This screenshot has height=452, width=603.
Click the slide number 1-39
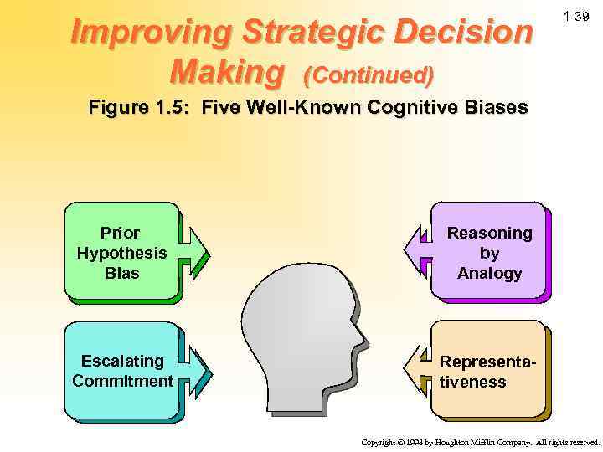coord(577,18)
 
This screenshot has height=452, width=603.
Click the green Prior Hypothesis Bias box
coord(121,251)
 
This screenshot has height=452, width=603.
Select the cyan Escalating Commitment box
coord(121,370)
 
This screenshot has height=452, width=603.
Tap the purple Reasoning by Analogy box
coord(488,251)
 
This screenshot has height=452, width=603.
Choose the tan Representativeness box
coord(488,370)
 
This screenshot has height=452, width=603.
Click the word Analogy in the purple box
coord(489,273)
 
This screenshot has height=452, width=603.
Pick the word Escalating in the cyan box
coord(122,361)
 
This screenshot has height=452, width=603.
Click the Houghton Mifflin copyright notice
coord(480,441)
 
